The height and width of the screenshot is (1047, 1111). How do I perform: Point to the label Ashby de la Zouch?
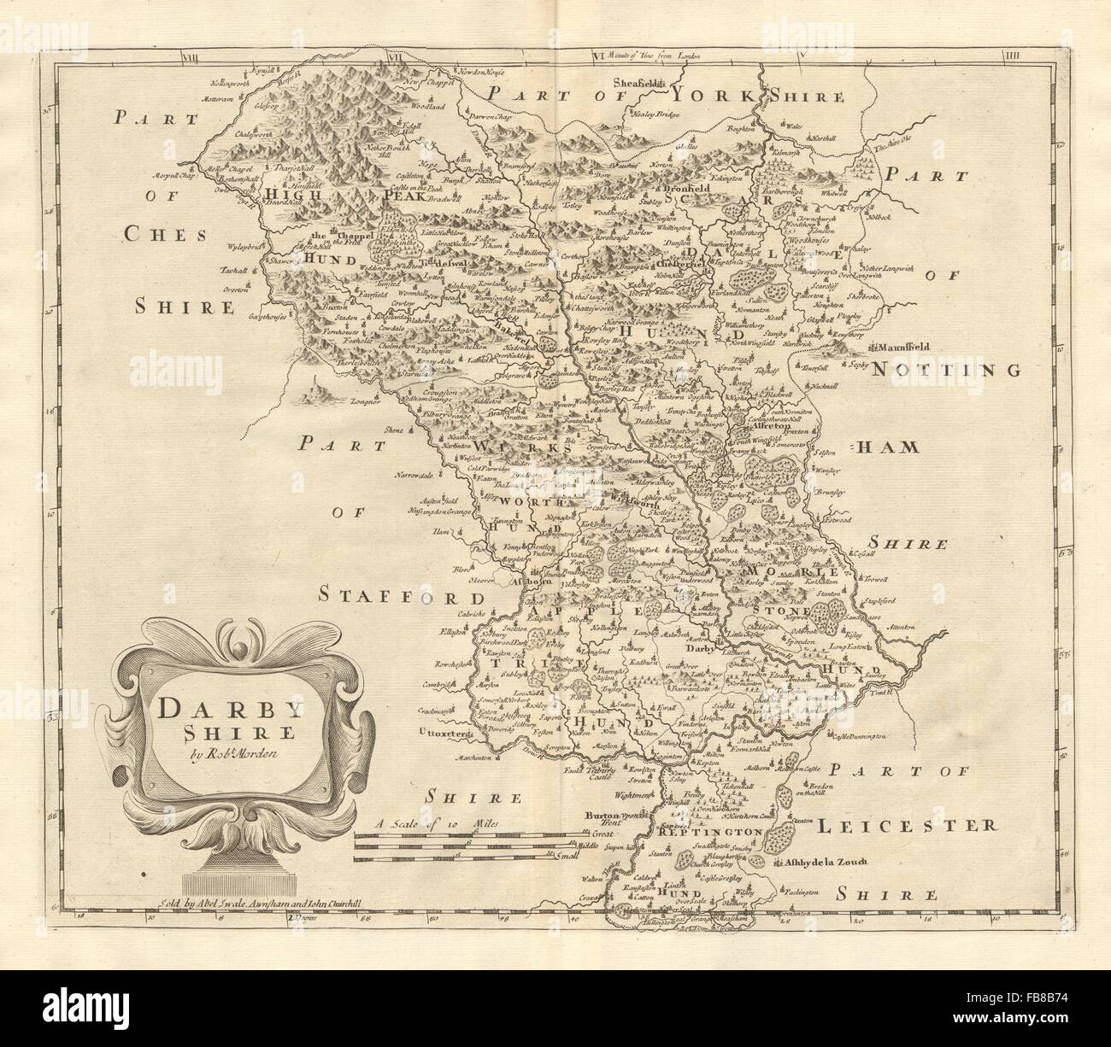(x=822, y=863)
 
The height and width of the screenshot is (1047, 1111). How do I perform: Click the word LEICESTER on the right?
(x=906, y=826)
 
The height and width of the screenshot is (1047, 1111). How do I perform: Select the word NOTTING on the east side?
(x=947, y=370)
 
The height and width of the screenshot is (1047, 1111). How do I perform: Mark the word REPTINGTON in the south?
(x=718, y=831)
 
